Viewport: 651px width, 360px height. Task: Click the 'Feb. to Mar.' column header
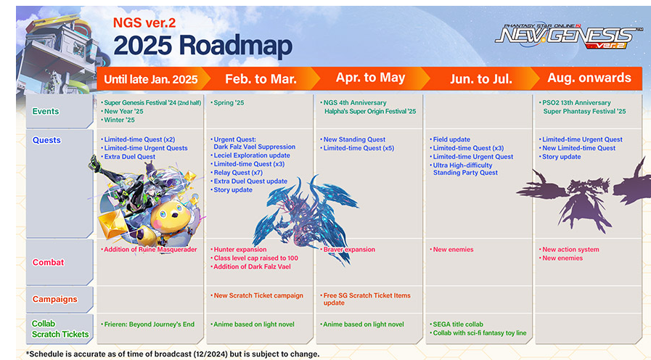coord(261,79)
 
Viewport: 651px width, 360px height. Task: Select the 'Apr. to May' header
coord(370,78)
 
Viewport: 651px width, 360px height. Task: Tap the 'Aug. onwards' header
coord(589,78)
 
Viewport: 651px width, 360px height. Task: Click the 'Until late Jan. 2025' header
coord(151,79)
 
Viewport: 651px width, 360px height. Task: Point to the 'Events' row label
coord(46,111)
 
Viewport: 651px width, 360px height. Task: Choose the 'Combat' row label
coord(48,263)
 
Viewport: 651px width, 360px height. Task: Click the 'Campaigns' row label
coord(55,299)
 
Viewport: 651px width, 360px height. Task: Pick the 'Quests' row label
coord(46,140)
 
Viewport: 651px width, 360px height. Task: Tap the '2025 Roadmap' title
coord(202,45)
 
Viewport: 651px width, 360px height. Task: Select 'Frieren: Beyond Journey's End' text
coord(149,324)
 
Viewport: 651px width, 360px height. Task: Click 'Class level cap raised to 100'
coord(255,258)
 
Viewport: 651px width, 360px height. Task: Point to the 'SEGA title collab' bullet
coord(458,324)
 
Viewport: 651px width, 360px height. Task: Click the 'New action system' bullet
coord(570,250)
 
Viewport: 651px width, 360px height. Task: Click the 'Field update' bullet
coord(451,139)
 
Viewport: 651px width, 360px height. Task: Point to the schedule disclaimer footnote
coord(173,354)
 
